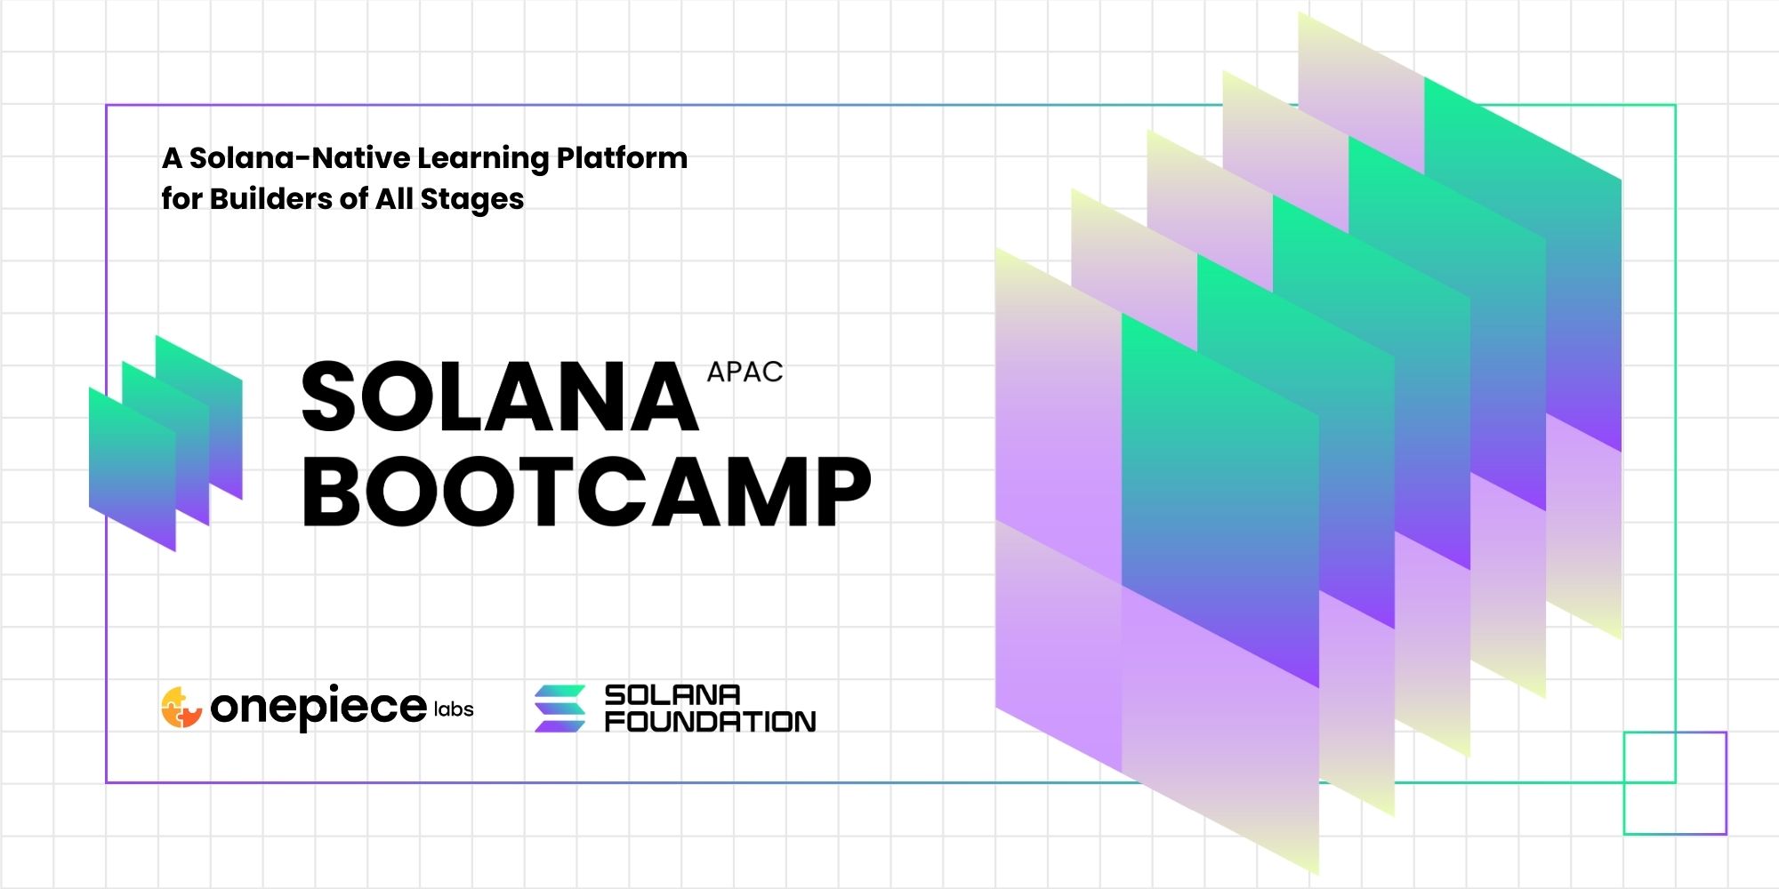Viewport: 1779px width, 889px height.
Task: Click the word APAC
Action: tap(745, 372)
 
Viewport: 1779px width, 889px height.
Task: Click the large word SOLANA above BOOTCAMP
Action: tap(500, 397)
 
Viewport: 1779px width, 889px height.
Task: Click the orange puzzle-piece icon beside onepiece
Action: tap(181, 708)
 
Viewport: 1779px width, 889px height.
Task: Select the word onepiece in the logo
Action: tap(318, 708)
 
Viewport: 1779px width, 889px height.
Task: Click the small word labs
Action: tap(454, 709)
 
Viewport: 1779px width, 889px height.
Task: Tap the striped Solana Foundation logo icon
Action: tap(559, 708)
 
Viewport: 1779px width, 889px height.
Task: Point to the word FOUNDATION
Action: tap(710, 721)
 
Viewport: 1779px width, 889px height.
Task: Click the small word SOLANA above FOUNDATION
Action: tap(672, 694)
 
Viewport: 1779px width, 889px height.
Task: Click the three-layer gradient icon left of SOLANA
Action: tap(165, 443)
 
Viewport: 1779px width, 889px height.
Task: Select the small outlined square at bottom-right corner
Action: tap(1675, 733)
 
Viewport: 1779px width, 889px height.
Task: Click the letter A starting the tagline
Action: tap(172, 158)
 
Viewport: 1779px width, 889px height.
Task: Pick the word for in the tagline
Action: tap(181, 198)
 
